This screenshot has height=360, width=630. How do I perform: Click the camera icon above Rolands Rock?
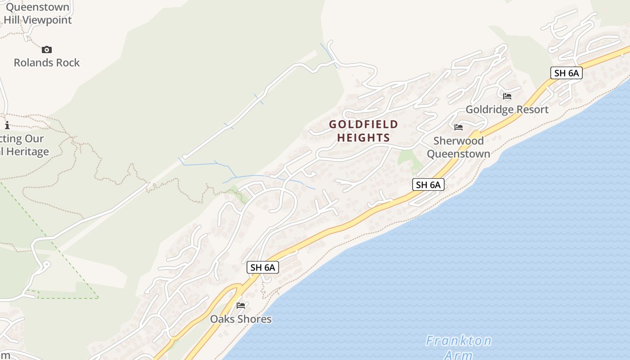(47, 49)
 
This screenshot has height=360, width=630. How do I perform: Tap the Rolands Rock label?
(47, 63)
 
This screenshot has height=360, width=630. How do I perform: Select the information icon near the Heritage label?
(7, 125)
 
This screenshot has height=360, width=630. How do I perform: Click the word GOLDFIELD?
(364, 124)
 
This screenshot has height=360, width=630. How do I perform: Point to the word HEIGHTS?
(364, 138)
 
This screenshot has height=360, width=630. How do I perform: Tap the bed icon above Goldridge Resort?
(507, 96)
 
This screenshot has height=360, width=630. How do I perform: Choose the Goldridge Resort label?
(507, 109)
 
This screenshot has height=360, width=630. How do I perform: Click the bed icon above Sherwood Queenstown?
(459, 127)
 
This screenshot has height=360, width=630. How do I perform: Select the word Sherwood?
(459, 141)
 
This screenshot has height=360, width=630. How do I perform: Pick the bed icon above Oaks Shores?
(241, 306)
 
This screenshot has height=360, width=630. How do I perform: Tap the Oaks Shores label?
(241, 319)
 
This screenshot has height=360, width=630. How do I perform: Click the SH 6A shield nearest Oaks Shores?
(263, 267)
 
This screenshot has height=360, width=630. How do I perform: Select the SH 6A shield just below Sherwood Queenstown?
(428, 184)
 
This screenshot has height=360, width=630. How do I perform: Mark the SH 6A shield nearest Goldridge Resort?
(567, 73)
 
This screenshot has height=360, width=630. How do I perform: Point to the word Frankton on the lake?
(459, 341)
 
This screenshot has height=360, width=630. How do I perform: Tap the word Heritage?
(26, 152)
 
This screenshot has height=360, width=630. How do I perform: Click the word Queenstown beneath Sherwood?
(459, 154)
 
